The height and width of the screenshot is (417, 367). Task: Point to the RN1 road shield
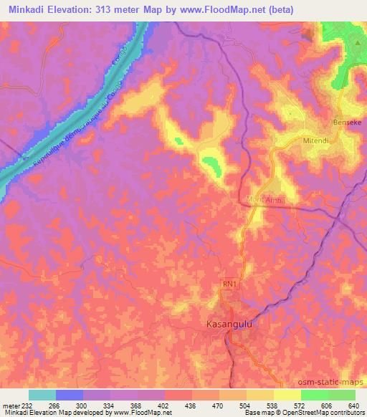(x=229, y=284)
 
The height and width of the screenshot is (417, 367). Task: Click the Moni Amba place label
(x=265, y=201)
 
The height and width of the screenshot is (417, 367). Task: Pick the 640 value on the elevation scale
(x=354, y=405)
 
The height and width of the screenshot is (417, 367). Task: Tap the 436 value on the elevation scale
(x=191, y=405)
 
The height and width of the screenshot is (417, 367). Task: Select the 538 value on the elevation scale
(x=272, y=405)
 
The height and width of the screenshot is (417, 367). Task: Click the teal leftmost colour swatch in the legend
(x=42, y=395)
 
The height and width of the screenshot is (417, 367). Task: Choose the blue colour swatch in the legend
(x=70, y=395)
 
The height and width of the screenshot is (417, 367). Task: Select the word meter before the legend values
(x=12, y=405)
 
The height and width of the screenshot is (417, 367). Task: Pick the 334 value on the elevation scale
(x=111, y=405)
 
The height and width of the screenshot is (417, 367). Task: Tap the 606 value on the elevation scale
(x=327, y=405)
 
